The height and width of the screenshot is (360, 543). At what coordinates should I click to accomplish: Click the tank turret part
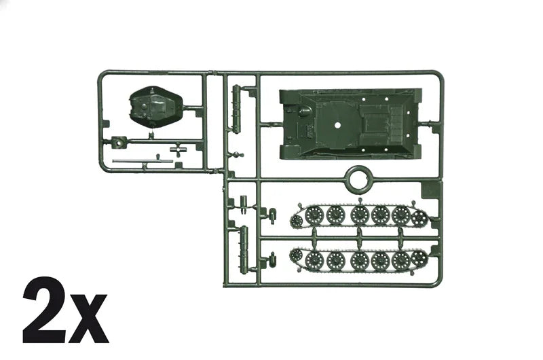[x=156, y=107]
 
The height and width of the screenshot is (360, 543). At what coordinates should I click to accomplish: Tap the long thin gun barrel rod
[x=143, y=161]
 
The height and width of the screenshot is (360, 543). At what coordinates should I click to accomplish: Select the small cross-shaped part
[x=179, y=149]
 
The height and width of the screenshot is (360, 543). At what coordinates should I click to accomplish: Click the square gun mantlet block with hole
[x=118, y=142]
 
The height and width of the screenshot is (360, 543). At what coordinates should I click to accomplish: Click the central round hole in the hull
[x=337, y=125]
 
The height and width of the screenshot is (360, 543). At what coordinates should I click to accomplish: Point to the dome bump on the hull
[x=305, y=111]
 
